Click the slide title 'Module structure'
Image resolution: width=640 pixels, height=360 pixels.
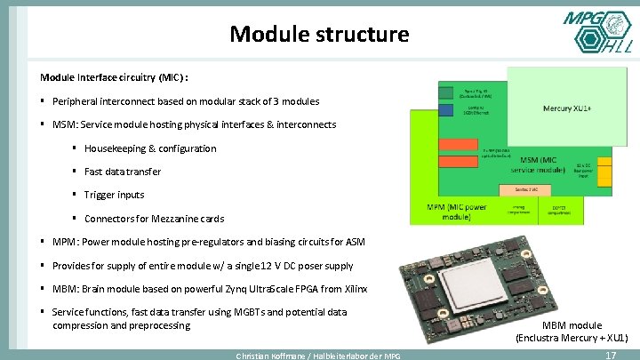319,35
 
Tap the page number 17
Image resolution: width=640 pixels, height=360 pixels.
610,355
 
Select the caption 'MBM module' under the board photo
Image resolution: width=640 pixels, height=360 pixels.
572,326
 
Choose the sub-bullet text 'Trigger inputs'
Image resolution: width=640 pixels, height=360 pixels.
114,195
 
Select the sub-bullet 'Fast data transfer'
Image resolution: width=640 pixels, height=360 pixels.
123,172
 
